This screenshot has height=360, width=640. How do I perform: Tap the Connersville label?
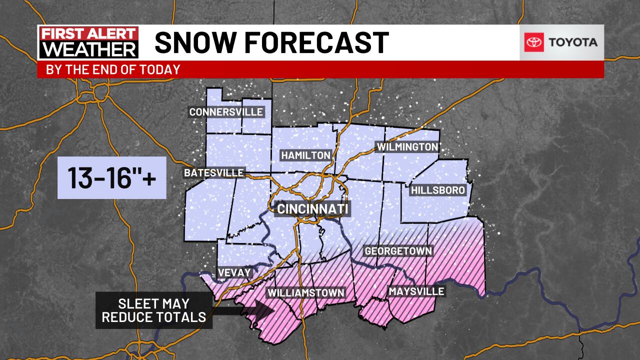(x=226, y=112)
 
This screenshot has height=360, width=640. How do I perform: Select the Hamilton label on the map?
(x=306, y=155)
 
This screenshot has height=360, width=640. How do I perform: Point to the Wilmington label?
(x=407, y=147)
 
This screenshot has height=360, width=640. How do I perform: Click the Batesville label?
(x=214, y=173)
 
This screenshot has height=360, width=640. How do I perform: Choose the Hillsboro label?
(x=438, y=190)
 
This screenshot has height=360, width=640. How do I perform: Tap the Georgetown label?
(x=398, y=251)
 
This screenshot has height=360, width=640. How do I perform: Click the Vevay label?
(x=234, y=272)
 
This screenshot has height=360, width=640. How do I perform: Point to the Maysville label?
(x=416, y=291)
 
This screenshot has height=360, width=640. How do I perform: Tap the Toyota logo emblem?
(x=533, y=42)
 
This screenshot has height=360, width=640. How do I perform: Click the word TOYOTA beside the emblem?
(x=573, y=42)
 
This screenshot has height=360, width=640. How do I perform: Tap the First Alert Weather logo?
(x=89, y=42)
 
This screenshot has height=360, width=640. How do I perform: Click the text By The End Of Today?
(x=113, y=69)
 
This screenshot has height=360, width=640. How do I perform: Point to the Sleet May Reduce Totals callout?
(x=154, y=310)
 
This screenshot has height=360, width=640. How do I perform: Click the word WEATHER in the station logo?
(x=89, y=50)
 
